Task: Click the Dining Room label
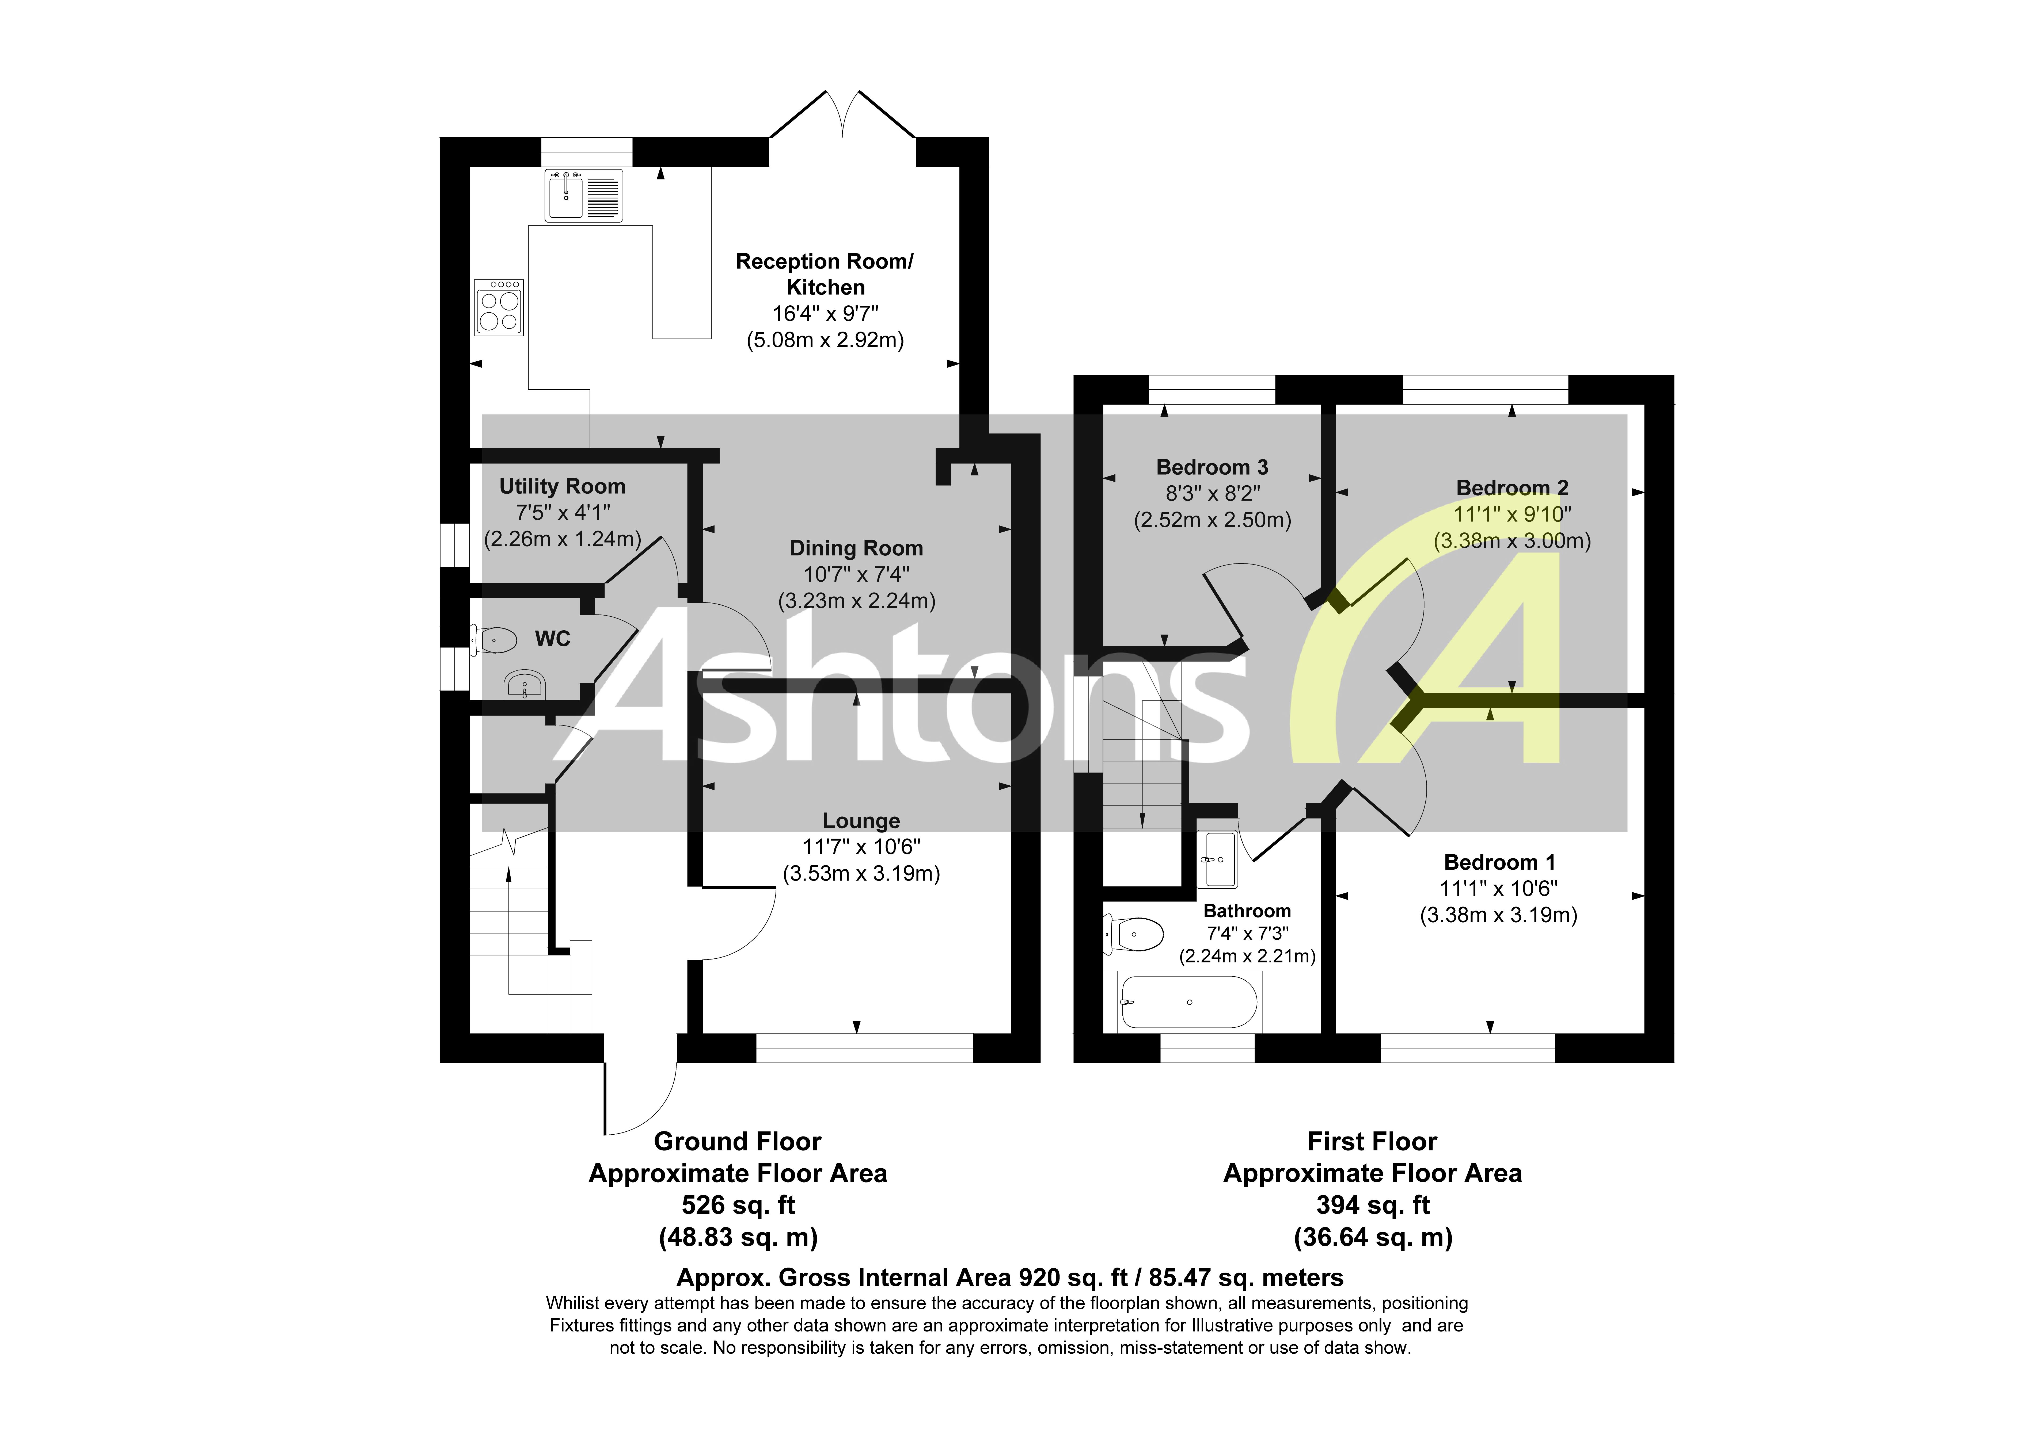coord(856,548)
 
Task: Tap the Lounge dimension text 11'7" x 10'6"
coord(861,847)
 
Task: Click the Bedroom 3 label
coord(1212,467)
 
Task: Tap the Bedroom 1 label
coord(1499,863)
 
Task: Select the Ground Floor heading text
coord(738,1142)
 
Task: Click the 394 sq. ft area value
coord(1372,1205)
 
